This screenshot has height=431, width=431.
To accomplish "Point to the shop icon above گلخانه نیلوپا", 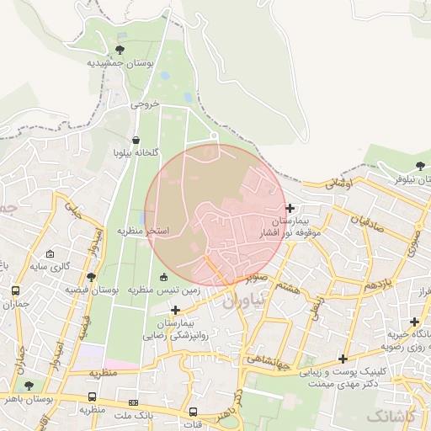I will [136, 141].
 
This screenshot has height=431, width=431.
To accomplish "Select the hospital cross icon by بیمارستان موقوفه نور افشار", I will [290, 208].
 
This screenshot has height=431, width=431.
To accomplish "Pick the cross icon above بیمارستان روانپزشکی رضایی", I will [175, 311].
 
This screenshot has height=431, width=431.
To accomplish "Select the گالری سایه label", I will [50, 267].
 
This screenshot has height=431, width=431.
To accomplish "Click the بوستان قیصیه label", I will [92, 290].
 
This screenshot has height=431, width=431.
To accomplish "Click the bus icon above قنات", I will [194, 412].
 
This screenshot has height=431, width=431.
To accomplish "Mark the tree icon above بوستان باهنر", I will [29, 386].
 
